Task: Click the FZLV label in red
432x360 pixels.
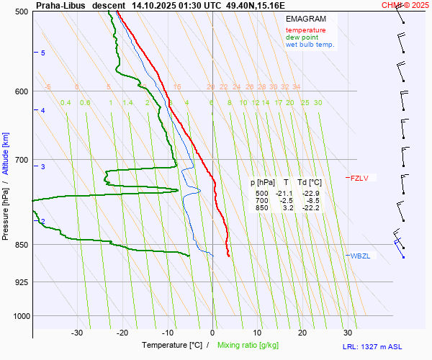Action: pyautogui.click(x=359, y=178)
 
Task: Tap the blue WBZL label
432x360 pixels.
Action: pyautogui.click(x=360, y=256)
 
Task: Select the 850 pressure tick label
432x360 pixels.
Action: pyautogui.click(x=20, y=245)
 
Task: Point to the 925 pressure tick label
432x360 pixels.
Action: pyautogui.click(x=20, y=282)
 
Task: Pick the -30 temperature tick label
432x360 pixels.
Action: pyautogui.click(x=77, y=333)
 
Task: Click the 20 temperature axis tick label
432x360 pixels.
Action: pyautogui.click(x=302, y=333)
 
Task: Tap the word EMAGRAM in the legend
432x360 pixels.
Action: pyautogui.click(x=305, y=19)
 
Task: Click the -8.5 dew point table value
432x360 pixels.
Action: pyautogui.click(x=312, y=201)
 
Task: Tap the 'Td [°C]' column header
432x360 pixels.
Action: pyautogui.click(x=310, y=183)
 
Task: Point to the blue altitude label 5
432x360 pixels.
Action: pyautogui.click(x=43, y=53)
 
